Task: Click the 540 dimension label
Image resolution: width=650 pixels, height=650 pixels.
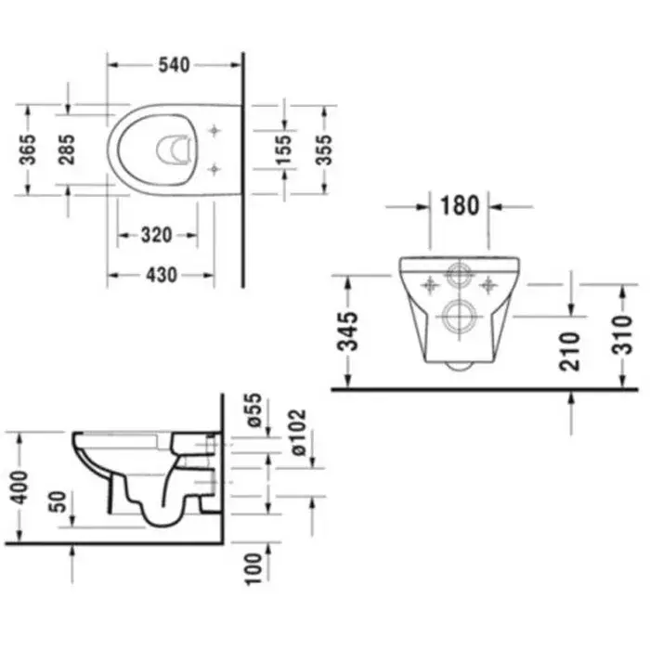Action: coord(175,65)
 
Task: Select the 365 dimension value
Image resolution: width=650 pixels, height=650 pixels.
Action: coord(28,149)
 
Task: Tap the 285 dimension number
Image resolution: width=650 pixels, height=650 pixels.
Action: coord(66,149)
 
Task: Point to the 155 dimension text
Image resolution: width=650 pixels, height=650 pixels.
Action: coord(284,149)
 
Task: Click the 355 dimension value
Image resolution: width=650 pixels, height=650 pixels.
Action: coord(324,149)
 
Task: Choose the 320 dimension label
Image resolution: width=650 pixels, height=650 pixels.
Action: coord(157,236)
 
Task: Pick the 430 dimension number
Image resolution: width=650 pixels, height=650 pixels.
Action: coord(162,275)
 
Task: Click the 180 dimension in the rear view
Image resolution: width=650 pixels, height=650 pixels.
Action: coord(460,205)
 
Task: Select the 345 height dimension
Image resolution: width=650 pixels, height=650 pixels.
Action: coord(347,331)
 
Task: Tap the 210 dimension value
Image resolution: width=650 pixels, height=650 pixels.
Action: coord(570,351)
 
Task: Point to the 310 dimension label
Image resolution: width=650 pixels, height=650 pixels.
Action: coord(623,335)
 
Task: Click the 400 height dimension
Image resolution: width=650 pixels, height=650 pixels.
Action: coord(19,487)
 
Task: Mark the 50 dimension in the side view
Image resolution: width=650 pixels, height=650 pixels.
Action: coord(58,501)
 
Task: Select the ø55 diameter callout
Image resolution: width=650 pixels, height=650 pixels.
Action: coord(253,410)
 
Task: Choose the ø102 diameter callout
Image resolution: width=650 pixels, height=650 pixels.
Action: coord(297,432)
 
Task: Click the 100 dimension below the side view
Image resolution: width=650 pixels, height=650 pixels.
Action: coord(253,568)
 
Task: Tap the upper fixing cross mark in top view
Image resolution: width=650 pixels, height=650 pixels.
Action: coord(214,131)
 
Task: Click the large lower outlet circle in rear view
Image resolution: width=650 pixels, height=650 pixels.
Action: coord(459,317)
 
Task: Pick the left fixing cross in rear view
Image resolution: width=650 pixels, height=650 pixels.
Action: coord(430,285)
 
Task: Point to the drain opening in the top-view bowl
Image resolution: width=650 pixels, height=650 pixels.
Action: coord(174,149)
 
